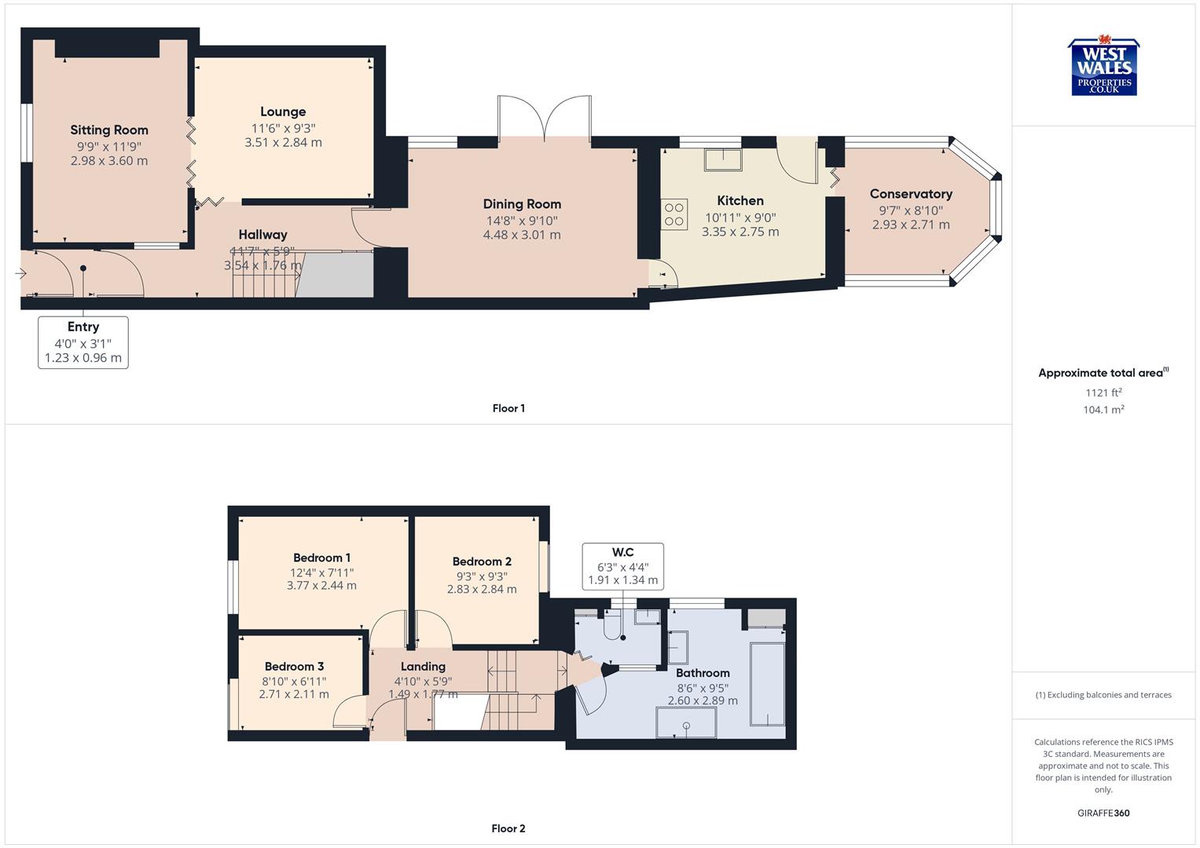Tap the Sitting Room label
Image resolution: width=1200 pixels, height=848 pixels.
[109, 130]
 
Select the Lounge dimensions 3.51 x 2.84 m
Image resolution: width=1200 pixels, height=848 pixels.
[283, 142]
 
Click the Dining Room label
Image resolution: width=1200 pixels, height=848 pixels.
[522, 204]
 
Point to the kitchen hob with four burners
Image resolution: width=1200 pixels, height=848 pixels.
[674, 214]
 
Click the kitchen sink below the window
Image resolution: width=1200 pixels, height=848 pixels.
[722, 159]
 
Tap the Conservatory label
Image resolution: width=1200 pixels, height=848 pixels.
[911, 194]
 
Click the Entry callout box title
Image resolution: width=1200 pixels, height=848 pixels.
[83, 327]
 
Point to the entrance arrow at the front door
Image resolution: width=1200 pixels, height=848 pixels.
[20, 273]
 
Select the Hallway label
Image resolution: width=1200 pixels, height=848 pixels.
[262, 235]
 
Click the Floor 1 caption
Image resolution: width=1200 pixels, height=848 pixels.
[508, 408]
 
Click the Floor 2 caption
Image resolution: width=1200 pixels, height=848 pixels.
[508, 828]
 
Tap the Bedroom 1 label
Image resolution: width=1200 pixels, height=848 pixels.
[321, 558]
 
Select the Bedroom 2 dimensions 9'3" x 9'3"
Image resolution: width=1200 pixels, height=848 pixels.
[482, 576]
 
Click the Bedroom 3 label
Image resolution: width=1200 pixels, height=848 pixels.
[294, 667]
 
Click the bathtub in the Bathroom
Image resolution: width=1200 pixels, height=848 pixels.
[767, 684]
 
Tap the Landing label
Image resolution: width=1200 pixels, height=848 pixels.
[423, 667]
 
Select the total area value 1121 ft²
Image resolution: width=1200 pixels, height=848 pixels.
[1103, 393]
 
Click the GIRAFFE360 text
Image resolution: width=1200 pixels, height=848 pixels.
[1103, 813]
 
